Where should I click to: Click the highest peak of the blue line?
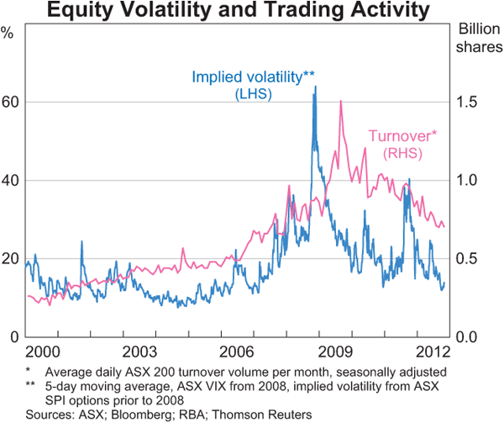[315, 87]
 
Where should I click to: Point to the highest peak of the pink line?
[340, 102]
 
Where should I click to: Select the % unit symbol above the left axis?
[8, 34]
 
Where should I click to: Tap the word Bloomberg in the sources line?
[116, 415]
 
